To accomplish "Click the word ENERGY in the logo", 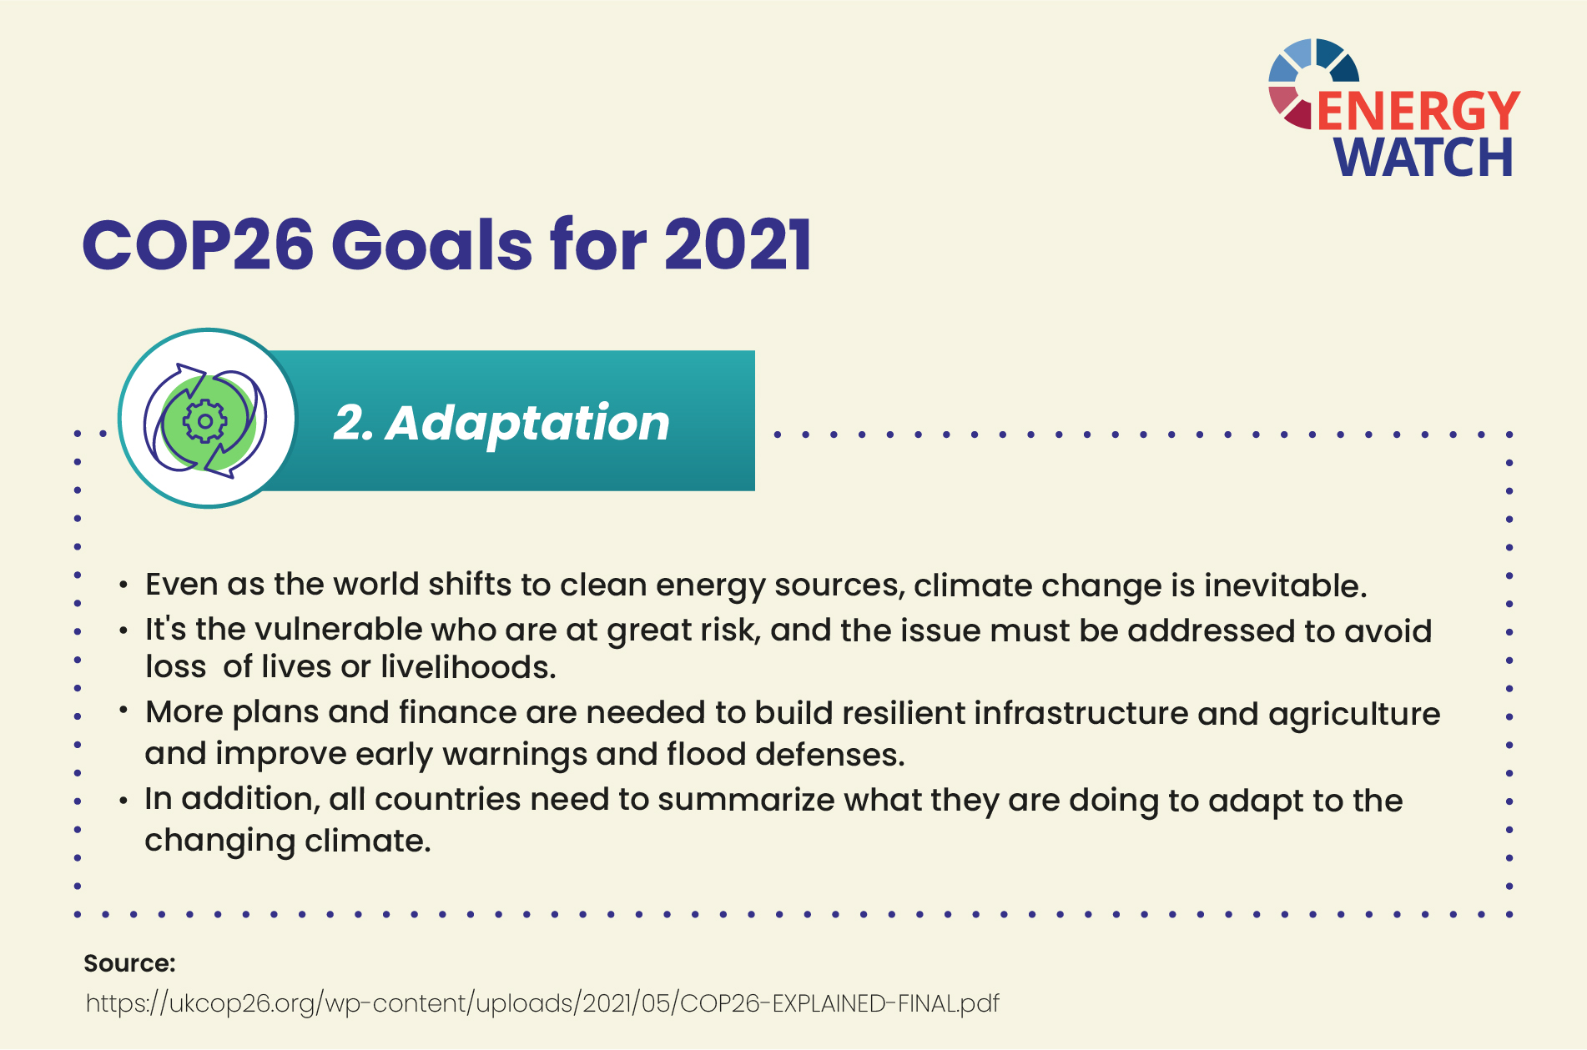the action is pos(1418,111).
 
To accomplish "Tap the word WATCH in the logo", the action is pos(1423,157).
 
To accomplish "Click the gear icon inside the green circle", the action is pos(204,421).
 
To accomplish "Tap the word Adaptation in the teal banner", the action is pos(528,424).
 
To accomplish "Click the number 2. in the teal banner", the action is pos(354,424).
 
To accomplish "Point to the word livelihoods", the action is pos(468,667).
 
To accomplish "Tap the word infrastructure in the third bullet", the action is pos(1081,714).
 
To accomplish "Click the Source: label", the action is pos(129,963).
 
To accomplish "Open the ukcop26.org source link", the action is pos(542,1003).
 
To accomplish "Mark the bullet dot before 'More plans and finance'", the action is pos(123,711).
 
